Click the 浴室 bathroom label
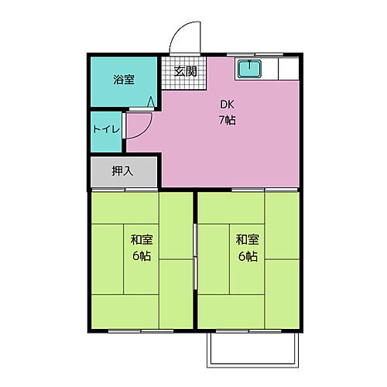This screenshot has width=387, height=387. pos(123,80)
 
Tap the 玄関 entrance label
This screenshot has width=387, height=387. pos(185,71)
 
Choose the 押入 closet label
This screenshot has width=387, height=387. pos(122,171)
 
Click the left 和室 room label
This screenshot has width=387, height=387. pos(141,240)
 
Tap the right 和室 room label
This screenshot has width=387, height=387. pos(247,240)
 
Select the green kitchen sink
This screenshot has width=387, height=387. pos(249,70)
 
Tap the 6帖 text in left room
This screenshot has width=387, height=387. pos(141,257)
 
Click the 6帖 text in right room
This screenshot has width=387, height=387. pos(247,257)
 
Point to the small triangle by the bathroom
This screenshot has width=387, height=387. pos(152,100)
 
